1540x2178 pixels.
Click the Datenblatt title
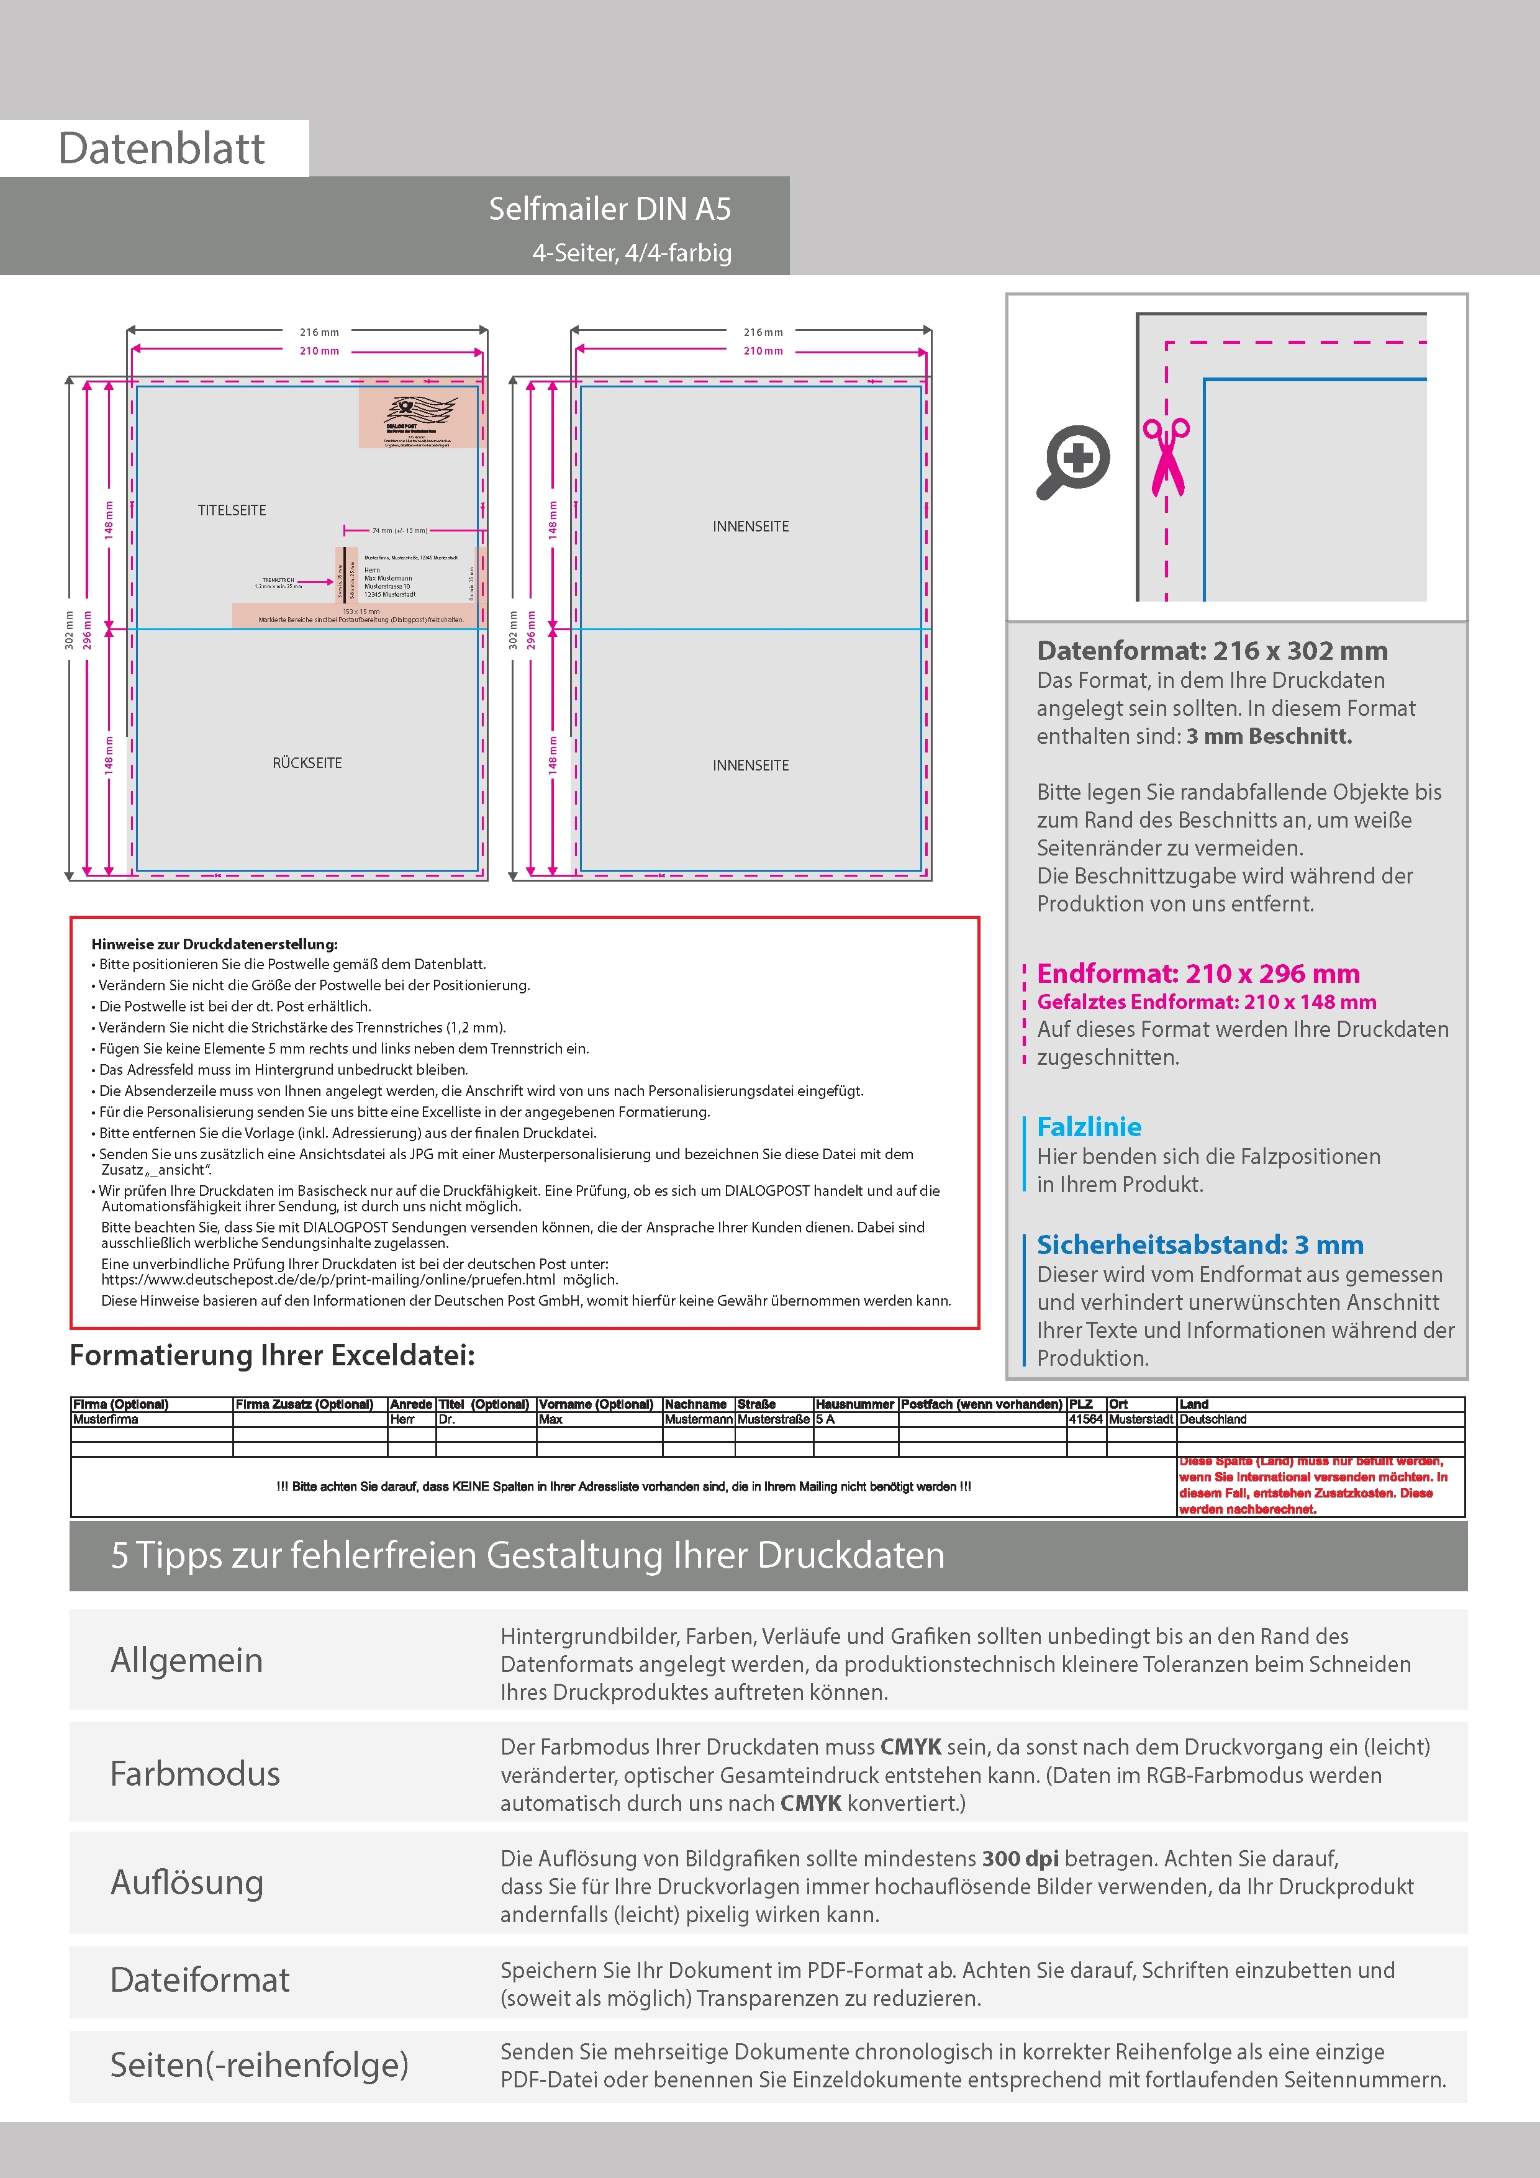[x=161, y=149]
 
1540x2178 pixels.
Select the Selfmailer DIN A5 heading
[x=609, y=209]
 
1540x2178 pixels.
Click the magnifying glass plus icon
[x=1073, y=462]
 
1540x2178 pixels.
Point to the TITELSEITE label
[x=232, y=510]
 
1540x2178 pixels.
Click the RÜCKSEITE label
[x=307, y=762]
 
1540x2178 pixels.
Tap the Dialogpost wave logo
[x=419, y=410]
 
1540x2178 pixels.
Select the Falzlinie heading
[x=1089, y=1127]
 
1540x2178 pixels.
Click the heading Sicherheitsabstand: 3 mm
[x=1199, y=1245]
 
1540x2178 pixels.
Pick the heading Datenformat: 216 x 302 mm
[x=1212, y=651]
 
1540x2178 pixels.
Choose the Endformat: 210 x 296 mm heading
[x=1197, y=974]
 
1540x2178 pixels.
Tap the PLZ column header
[x=1080, y=1404]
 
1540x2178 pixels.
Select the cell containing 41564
[x=1085, y=1420]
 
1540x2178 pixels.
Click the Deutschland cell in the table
[x=1213, y=1420]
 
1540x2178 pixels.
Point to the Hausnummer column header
[x=854, y=1404]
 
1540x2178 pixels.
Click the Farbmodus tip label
[x=194, y=1774]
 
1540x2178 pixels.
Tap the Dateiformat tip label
[x=199, y=1981]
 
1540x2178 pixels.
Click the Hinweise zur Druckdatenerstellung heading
[x=214, y=944]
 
